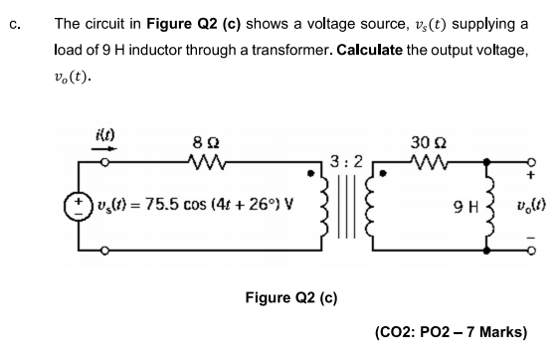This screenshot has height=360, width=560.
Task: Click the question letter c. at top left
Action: [13, 23]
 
